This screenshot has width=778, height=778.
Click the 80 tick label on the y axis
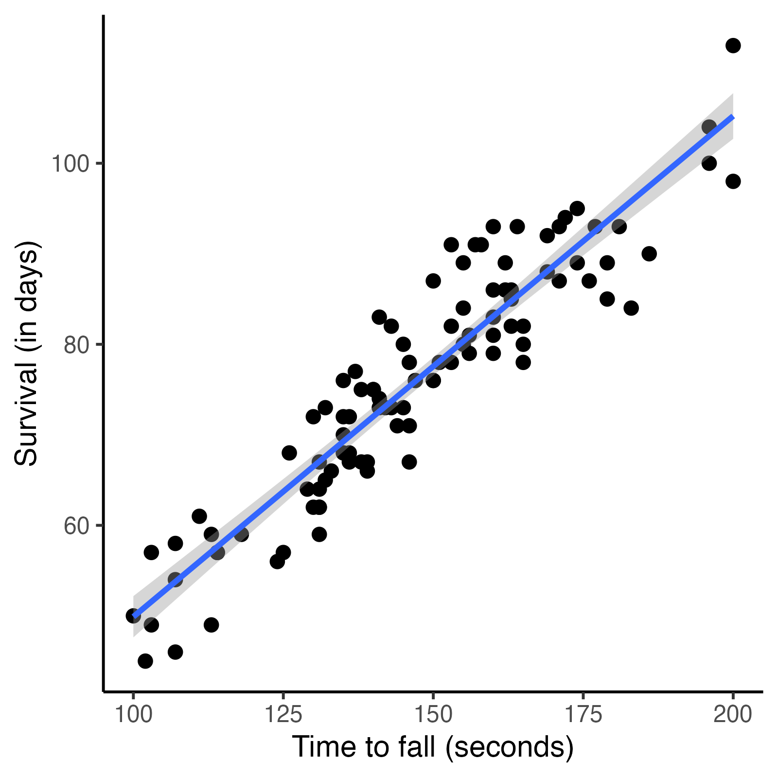(x=77, y=345)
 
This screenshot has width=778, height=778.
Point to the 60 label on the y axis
(x=77, y=526)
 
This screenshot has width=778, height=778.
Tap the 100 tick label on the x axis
(x=133, y=715)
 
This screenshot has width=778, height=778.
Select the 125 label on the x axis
(x=283, y=715)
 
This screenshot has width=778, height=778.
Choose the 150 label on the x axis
(x=433, y=715)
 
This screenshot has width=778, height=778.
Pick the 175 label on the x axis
(x=583, y=715)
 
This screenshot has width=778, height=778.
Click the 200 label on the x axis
(x=732, y=715)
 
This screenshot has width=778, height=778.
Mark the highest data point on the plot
(x=733, y=46)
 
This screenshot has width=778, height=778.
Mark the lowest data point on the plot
(x=145, y=661)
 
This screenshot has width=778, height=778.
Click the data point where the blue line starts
(x=133, y=616)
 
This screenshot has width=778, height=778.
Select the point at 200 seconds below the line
(x=733, y=181)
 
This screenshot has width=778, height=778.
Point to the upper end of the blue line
(x=732, y=117)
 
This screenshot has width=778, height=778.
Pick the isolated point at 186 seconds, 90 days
(x=649, y=254)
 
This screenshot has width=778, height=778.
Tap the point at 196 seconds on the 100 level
(x=709, y=163)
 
